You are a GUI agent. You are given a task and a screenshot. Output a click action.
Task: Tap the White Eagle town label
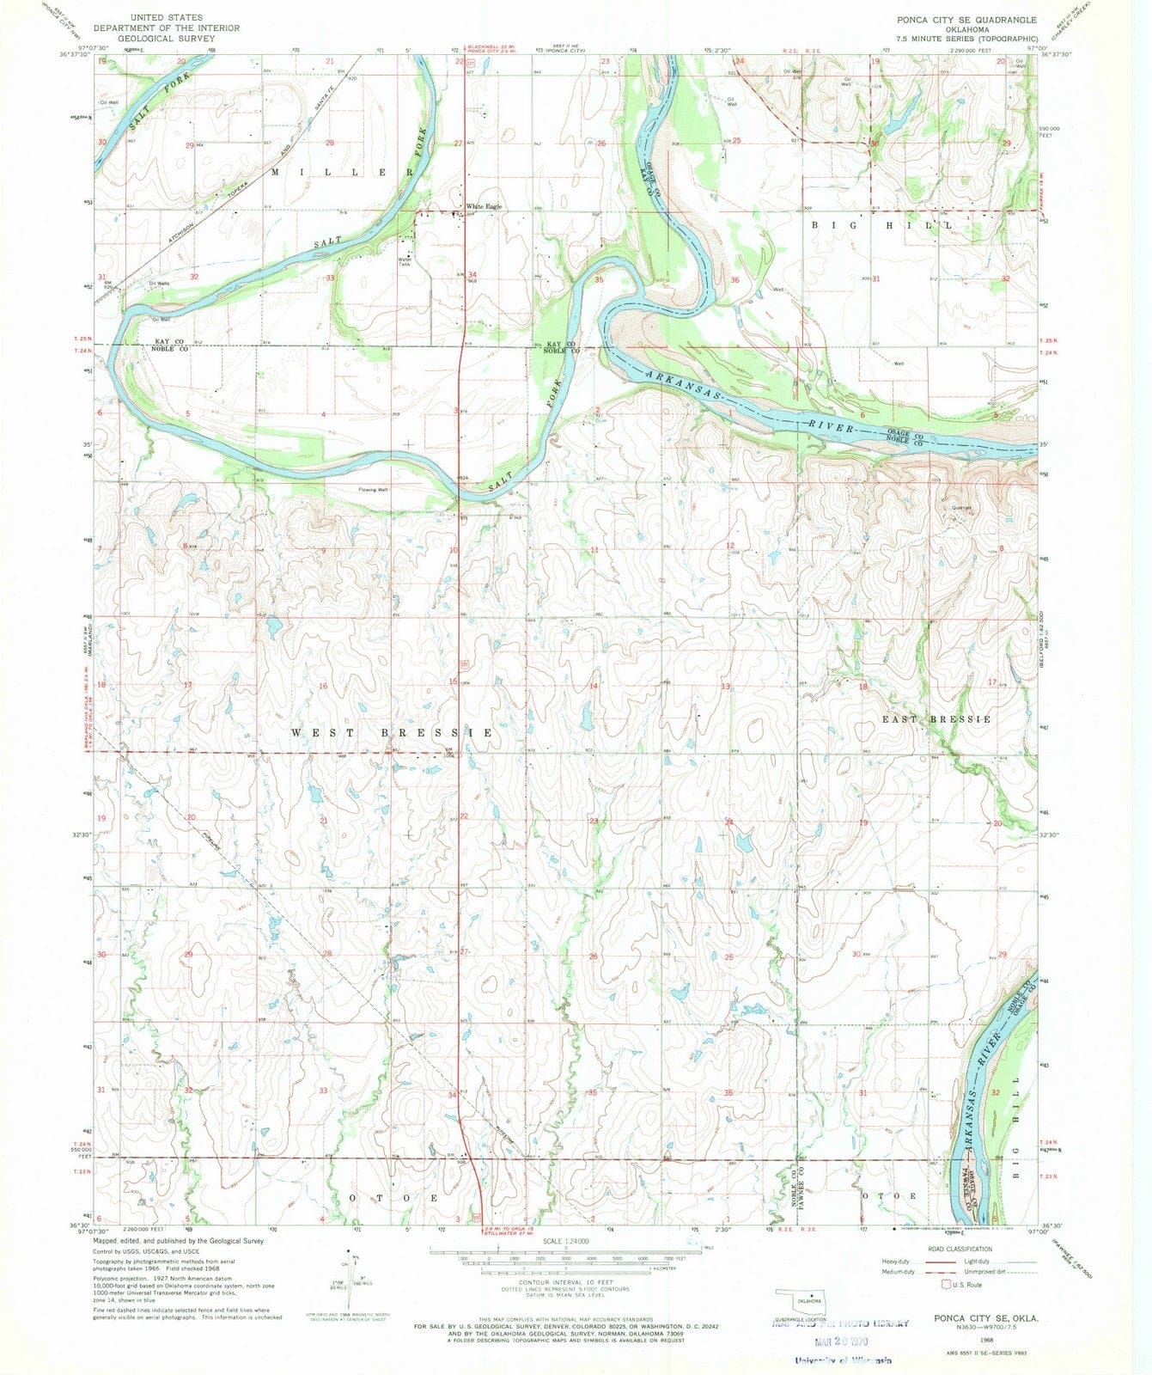(484, 206)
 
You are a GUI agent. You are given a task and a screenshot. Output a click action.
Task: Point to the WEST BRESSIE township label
(392, 733)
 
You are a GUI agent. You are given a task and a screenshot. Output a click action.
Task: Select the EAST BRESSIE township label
(936, 719)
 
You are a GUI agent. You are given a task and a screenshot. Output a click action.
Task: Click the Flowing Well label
(373, 490)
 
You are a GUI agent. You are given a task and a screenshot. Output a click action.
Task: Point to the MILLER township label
(344, 172)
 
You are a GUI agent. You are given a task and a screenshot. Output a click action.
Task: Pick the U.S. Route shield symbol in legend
(947, 1285)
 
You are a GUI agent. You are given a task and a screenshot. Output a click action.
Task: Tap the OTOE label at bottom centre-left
(393, 1197)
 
